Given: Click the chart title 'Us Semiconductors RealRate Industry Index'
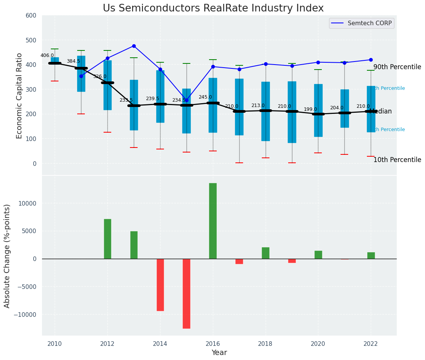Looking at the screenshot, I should (x=213, y=8).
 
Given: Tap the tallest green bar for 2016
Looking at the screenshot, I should (x=213, y=221).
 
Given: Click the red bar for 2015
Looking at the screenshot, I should (x=187, y=294).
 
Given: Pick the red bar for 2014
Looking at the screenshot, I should (x=160, y=285).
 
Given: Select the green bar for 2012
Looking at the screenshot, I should (x=107, y=239).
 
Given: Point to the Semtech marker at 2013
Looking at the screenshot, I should (x=134, y=46).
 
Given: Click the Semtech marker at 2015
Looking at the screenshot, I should (x=187, y=100).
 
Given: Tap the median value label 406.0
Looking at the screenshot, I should (x=47, y=55).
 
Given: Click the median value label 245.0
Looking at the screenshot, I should (x=205, y=97).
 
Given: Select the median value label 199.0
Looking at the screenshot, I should (x=310, y=109).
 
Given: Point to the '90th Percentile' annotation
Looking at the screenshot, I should (x=397, y=67).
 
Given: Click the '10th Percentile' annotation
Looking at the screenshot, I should (x=397, y=160).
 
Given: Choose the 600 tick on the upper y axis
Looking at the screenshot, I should (x=31, y=16).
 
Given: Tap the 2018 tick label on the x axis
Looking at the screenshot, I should (x=266, y=344).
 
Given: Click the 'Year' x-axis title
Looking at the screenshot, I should (x=219, y=353).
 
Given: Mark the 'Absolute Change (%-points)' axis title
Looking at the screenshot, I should (x=7, y=256).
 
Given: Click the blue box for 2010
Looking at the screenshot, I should (x=55, y=60).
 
